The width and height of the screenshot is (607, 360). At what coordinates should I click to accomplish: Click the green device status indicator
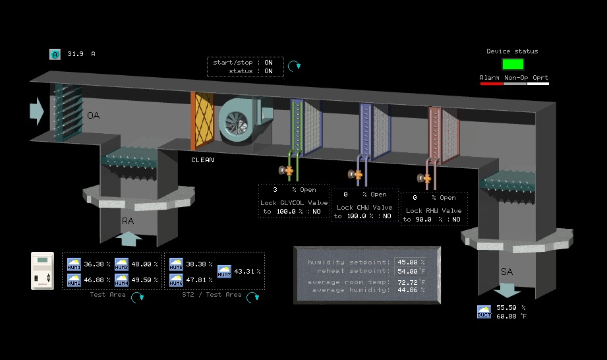pos(513,64)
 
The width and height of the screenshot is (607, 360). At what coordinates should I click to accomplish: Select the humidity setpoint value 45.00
pos(407,262)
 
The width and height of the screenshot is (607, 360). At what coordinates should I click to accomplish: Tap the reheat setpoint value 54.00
pos(407,271)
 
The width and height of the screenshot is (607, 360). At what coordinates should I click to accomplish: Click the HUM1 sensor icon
pos(74,264)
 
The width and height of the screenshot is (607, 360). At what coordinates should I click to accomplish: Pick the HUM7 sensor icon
pos(224,271)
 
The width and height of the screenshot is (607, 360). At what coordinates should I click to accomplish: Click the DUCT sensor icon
pos(484,312)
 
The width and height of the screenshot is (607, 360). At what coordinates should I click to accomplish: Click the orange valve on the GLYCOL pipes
pos(289,170)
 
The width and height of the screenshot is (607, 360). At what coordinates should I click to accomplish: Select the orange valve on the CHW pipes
pos(359,175)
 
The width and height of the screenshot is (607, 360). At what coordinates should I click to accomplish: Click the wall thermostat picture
pos(46,270)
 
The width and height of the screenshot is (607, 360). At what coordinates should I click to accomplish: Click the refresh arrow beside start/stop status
pos(296,65)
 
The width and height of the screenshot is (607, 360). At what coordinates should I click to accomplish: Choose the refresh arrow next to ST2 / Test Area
pos(252,297)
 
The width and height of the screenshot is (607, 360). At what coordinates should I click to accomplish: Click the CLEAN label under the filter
pos(202,160)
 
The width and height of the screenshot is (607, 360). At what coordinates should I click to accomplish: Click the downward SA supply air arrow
pos(507,290)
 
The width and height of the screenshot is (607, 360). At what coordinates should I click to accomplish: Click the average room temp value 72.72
pos(407,282)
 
